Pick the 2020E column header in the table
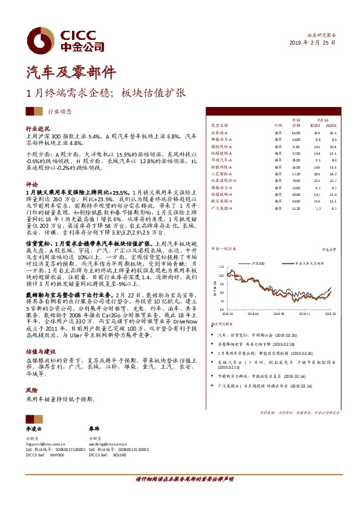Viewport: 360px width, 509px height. [x=332, y=125]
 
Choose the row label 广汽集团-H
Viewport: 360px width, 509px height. [x=220, y=207]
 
